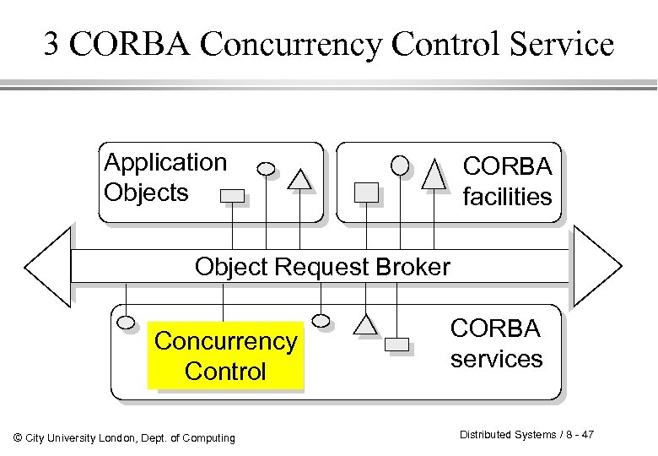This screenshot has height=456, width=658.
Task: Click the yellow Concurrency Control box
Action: [x=225, y=356]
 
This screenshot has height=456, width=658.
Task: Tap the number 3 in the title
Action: [x=51, y=44]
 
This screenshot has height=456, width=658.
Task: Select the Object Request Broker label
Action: [x=322, y=267]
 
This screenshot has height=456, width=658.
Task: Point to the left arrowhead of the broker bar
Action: [x=46, y=267]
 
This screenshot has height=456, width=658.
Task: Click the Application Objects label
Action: [x=164, y=177]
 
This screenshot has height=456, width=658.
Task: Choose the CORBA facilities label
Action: [x=508, y=182]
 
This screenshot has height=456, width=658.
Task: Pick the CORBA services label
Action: [x=496, y=343]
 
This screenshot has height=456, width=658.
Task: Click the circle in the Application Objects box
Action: [x=267, y=168]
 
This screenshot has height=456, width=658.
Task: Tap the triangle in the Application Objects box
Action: [x=299, y=179]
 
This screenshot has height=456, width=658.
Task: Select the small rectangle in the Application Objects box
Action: [x=232, y=196]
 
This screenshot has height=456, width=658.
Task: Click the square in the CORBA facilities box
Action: [x=367, y=192]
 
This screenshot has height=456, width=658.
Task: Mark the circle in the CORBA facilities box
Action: [x=401, y=164]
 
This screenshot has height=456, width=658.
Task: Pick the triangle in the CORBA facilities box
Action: [x=434, y=174]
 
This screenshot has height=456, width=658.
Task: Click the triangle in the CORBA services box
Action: [x=365, y=323]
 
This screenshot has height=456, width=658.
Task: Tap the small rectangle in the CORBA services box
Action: [x=396, y=344]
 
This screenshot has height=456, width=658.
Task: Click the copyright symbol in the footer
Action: [x=19, y=437]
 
